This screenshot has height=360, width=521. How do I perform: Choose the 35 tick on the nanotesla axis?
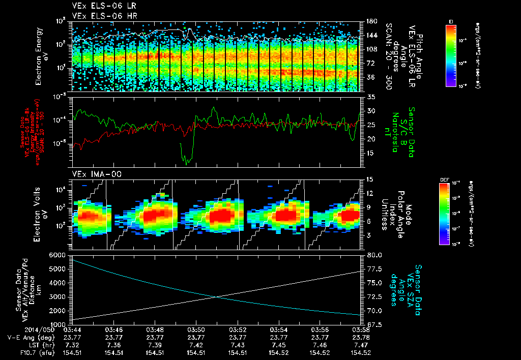coord(370,97)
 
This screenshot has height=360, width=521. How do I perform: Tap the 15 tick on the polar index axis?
coord(369,179)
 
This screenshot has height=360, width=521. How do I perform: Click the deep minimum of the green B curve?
coord(187,163)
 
